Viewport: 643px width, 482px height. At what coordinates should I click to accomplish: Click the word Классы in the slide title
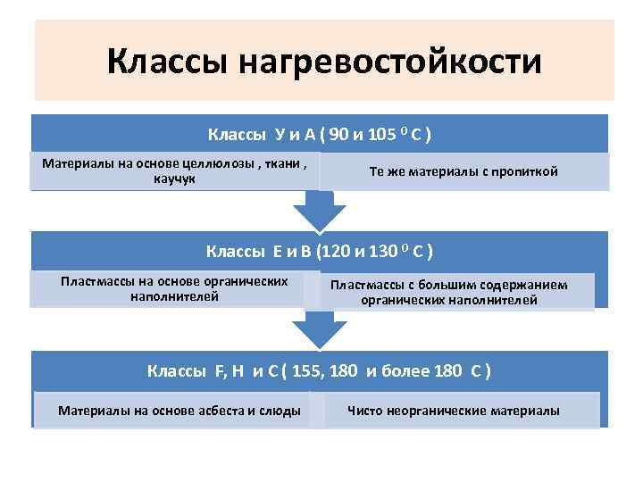(167, 62)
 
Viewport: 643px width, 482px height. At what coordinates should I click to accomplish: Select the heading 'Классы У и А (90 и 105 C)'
(320, 135)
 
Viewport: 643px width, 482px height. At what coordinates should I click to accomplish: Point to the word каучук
(174, 179)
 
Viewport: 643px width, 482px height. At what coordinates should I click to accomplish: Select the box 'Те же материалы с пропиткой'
(463, 171)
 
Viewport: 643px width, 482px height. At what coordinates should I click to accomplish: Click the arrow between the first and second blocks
(319, 213)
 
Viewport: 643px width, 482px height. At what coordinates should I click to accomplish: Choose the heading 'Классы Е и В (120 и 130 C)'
(320, 251)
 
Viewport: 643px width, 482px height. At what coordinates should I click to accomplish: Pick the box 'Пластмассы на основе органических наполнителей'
(174, 288)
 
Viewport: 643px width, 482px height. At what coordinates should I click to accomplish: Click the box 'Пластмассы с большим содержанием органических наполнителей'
(461, 293)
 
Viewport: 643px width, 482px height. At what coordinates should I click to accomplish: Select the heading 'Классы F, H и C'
(320, 370)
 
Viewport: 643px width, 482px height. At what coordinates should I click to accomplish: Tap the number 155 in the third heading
(308, 370)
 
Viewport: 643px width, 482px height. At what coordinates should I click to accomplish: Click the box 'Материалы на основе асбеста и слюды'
(179, 411)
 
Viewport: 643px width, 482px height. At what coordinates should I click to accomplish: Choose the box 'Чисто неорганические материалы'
(454, 411)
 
